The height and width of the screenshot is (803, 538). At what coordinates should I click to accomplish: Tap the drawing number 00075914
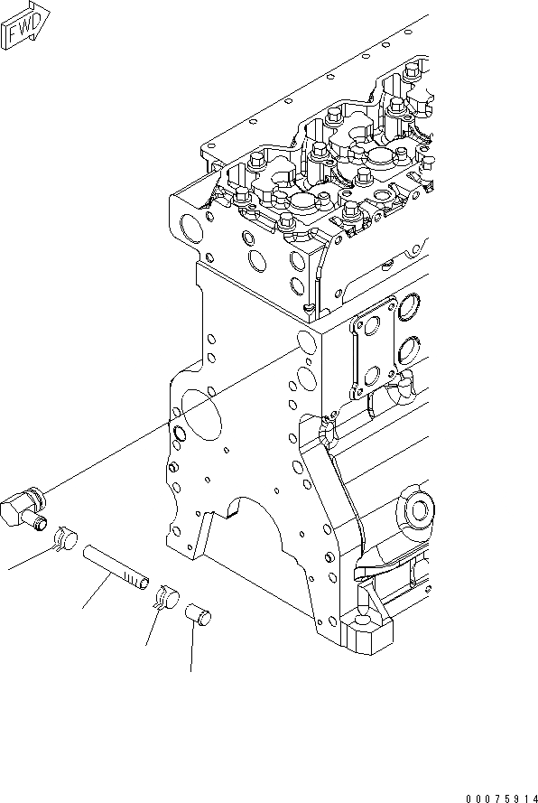[501, 798]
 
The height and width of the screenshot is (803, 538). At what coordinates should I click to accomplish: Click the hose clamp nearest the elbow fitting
[67, 538]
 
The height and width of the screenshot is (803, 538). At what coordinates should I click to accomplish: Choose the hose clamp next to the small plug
[167, 597]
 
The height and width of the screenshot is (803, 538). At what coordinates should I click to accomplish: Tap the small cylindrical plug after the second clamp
[198, 614]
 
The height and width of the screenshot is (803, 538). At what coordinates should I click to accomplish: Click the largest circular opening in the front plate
[202, 415]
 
